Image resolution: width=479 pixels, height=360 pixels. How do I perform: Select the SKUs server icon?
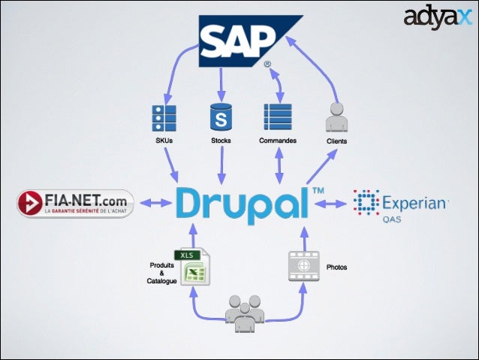click(x=164, y=118)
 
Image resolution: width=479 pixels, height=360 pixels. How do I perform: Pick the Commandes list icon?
click(x=277, y=118)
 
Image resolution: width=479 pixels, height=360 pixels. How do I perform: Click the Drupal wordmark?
click(x=242, y=201)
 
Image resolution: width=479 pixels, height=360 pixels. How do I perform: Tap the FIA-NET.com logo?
click(x=75, y=203)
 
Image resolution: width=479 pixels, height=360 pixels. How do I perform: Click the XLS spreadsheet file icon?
click(x=192, y=267)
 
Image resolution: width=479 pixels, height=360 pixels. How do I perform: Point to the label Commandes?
click(x=277, y=141)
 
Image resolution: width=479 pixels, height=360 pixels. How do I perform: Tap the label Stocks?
click(x=221, y=141)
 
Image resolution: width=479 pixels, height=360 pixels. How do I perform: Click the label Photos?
click(x=337, y=267)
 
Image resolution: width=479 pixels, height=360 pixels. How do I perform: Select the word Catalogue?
click(x=161, y=281)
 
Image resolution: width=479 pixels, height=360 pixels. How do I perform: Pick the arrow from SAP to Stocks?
click(x=221, y=84)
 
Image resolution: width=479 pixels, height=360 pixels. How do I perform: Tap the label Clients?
click(x=337, y=141)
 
